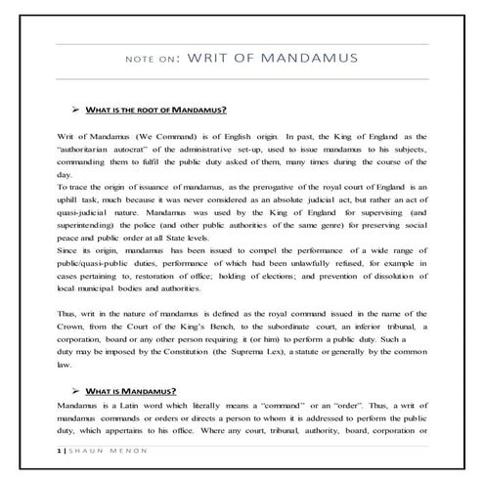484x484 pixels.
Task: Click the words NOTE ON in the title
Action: point(153,58)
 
